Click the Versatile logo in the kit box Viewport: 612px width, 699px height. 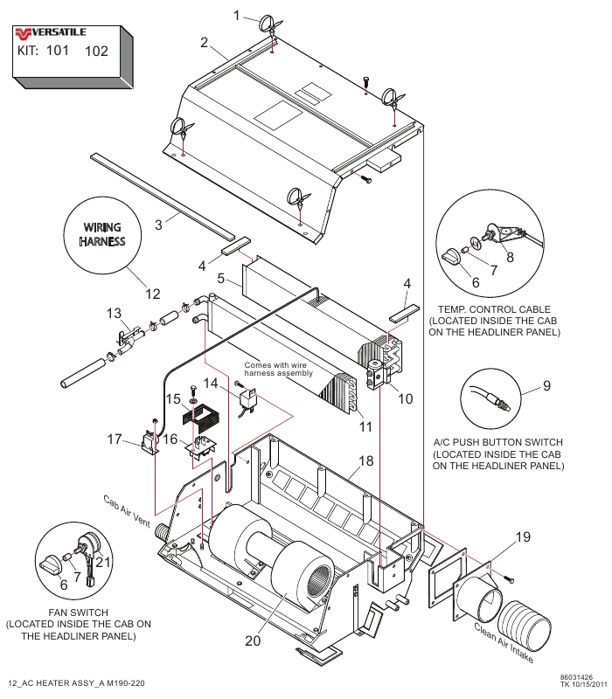[x=50, y=32]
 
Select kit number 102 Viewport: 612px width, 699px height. [x=96, y=51]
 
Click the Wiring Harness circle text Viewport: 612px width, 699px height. [x=102, y=234]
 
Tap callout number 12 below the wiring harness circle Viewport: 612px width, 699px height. [x=152, y=294]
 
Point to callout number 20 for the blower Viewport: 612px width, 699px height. [x=253, y=640]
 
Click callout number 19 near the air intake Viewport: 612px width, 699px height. [x=523, y=536]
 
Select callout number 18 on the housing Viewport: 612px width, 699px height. [x=365, y=460]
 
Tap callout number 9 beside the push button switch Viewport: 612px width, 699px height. [x=547, y=385]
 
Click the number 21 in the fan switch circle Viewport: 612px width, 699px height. [x=103, y=562]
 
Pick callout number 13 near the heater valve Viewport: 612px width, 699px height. [x=114, y=313]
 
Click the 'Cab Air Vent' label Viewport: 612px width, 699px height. [x=127, y=511]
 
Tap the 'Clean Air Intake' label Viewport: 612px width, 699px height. [x=504, y=643]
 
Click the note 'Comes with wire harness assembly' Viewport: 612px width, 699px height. [x=278, y=369]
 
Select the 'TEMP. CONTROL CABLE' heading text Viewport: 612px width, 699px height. [x=494, y=309]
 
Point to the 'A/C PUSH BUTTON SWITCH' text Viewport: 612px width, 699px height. [x=497, y=442]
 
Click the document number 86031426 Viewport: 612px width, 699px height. [x=576, y=677]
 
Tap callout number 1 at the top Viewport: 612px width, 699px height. [x=236, y=16]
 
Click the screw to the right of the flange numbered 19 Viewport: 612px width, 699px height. [x=509, y=579]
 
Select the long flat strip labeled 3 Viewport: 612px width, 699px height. [x=163, y=196]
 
